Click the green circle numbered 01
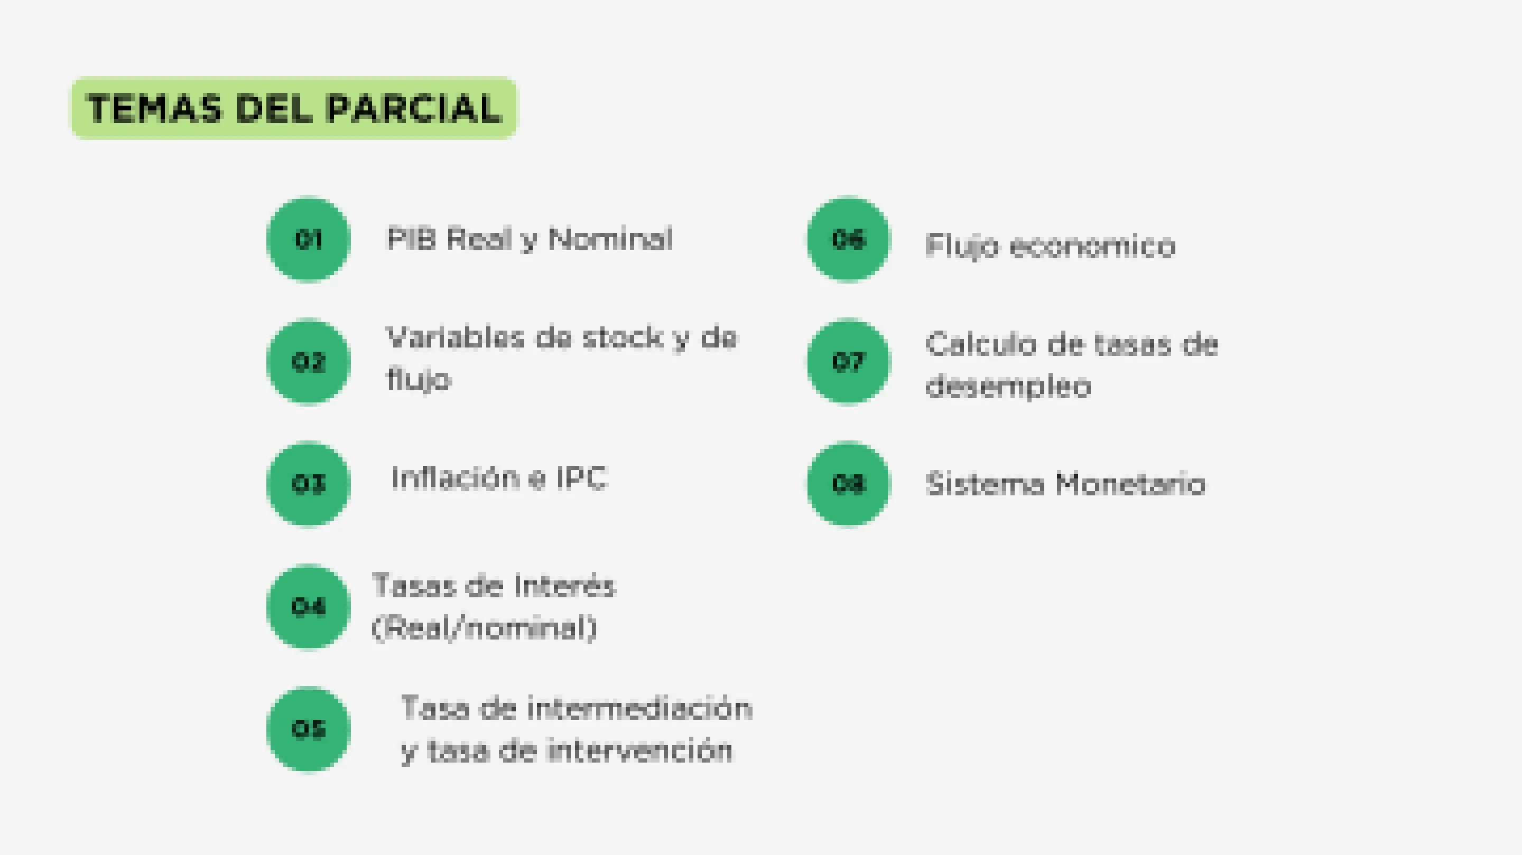point(309,239)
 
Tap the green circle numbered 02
point(309,361)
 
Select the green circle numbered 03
point(309,484)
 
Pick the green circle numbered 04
point(309,606)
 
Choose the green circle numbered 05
point(309,729)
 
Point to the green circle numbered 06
point(848,239)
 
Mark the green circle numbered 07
point(848,361)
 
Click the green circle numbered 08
point(848,484)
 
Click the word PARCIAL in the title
point(414,109)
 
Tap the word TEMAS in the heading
point(155,109)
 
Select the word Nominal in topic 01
point(611,239)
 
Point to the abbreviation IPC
point(582,478)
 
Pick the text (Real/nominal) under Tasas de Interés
point(485,628)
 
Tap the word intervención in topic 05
point(641,750)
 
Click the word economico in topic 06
point(1093,246)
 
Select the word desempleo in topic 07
point(1008,387)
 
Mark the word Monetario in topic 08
point(1131,484)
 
